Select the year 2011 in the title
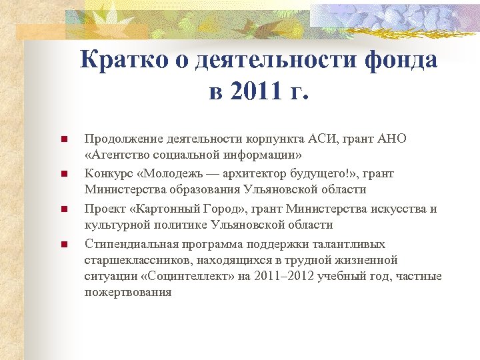[251, 91]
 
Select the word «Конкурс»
[107, 173]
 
